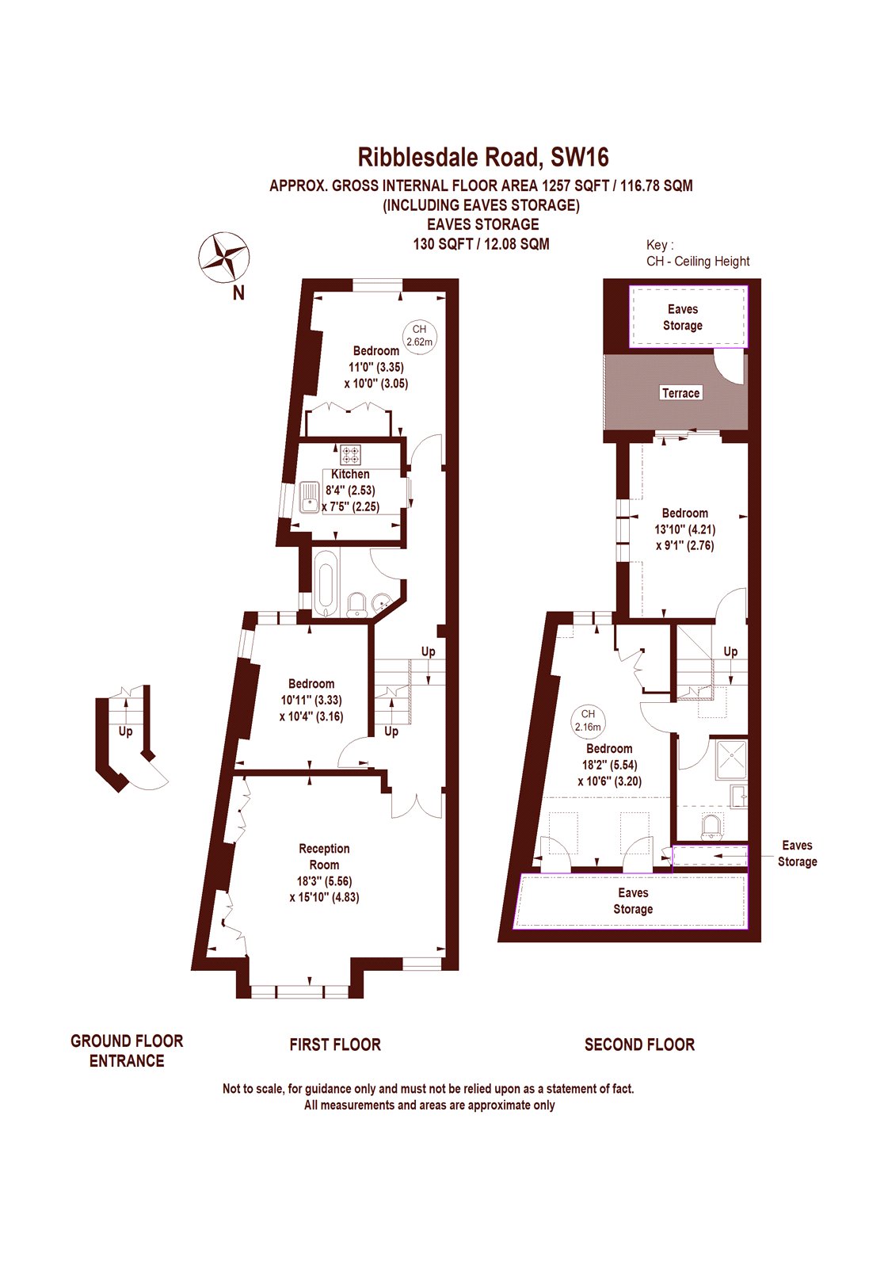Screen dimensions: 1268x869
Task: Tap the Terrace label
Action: coord(680,393)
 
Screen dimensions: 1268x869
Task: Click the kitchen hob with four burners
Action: coord(350,455)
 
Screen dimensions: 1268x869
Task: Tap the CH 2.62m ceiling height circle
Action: coord(419,335)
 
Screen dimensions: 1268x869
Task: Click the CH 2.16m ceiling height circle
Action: coord(588,720)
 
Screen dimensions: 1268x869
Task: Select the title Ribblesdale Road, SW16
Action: coord(483,157)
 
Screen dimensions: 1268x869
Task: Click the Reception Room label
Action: coord(324,857)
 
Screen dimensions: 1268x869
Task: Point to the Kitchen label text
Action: coord(350,474)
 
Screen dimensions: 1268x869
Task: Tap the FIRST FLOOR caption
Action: coord(335,1045)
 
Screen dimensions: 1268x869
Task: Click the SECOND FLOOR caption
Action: coord(639,1045)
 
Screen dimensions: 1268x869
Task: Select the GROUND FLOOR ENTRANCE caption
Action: coord(127,1051)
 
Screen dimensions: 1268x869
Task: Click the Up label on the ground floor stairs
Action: coord(125,731)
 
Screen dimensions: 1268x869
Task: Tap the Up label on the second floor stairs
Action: coord(730,651)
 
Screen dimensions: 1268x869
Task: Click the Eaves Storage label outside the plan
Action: coord(797,854)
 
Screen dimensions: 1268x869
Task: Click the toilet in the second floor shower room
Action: coord(712,826)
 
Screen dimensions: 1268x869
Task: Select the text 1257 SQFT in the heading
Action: coord(575,185)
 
